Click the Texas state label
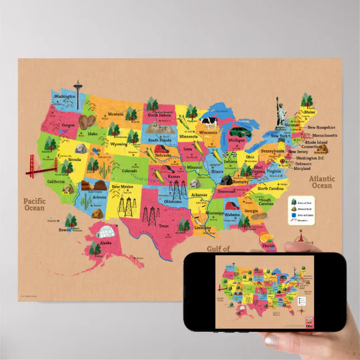tap(163, 226)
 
